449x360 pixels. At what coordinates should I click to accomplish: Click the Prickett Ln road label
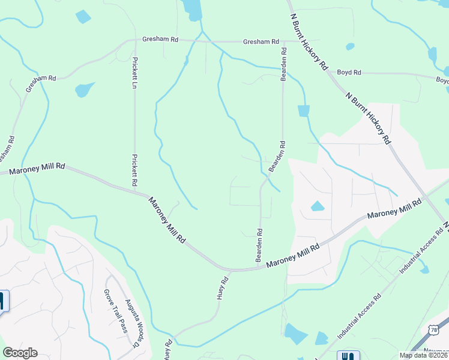point(136,73)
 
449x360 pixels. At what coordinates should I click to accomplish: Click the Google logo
point(20,353)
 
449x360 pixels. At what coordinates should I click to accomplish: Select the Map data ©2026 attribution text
point(424,355)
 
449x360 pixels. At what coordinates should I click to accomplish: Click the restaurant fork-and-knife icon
point(348,355)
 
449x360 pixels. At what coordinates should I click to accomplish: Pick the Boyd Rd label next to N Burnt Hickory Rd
point(349,73)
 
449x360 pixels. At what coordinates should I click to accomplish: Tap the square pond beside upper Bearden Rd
point(304,111)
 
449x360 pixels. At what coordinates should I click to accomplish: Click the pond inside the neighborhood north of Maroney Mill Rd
point(317,207)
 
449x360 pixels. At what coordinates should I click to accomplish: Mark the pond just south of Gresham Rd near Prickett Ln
point(85,90)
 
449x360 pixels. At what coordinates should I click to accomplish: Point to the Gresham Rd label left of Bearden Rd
point(261,42)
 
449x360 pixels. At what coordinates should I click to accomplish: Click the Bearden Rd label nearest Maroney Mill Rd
point(259,244)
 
